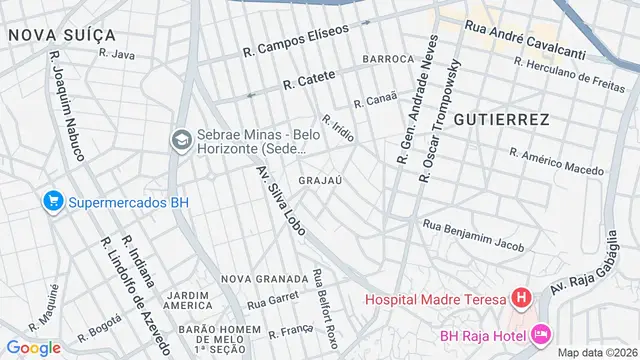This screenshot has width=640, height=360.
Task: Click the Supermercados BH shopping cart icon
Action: click(x=53, y=202)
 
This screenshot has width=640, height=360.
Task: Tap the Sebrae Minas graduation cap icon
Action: click(x=181, y=138)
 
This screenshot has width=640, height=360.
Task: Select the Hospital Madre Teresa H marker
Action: click(x=520, y=298)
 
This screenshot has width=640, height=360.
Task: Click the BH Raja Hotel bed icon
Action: click(x=541, y=331)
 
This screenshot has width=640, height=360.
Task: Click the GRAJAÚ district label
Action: click(x=322, y=181)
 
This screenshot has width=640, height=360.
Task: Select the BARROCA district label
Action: click(x=389, y=59)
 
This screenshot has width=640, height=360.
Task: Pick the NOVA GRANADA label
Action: click(x=265, y=278)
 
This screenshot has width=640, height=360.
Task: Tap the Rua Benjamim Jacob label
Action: click(x=473, y=234)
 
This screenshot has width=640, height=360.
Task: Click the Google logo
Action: click(x=34, y=347)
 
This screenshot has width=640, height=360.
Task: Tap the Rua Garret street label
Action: click(x=273, y=298)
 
